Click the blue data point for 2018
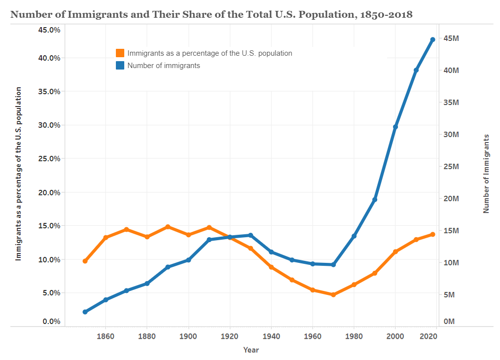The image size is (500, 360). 432,39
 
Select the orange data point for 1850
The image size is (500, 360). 85,261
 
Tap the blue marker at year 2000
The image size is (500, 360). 395,127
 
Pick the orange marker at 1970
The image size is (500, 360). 333,294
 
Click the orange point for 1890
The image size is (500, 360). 168,227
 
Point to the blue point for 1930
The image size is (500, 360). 250,235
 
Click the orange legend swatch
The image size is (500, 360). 120,53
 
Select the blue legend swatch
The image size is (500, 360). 120,65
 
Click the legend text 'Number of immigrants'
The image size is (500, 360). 164,65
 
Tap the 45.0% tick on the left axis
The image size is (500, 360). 49,30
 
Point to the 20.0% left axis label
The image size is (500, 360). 49,192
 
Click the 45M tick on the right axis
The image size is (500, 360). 451,38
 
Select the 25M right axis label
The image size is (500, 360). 451,166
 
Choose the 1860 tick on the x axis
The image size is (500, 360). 106,336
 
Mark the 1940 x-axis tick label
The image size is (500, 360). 271,336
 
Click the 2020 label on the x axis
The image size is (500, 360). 428,336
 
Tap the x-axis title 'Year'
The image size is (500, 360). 250,350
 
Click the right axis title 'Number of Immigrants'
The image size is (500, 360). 486,174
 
